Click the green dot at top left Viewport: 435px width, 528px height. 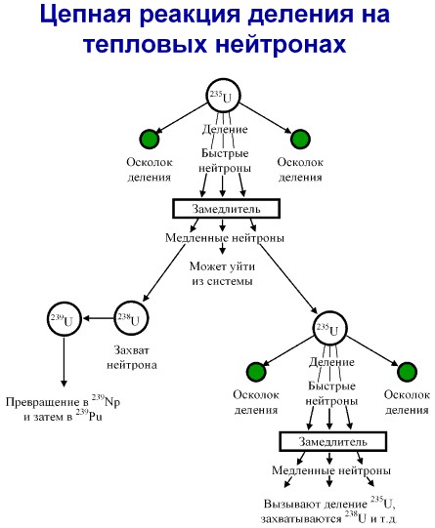[150, 139]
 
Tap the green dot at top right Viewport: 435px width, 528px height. [300, 139]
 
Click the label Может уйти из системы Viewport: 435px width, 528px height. [222, 273]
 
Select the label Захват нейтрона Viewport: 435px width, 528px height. [132, 357]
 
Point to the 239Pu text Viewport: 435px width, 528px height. [89, 416]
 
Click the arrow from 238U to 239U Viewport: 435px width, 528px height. [99, 318]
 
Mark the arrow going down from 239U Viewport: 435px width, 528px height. [65, 361]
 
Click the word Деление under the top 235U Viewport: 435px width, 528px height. [225, 129]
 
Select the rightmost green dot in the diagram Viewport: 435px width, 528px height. [407, 372]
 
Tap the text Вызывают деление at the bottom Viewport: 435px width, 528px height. [315, 504]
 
